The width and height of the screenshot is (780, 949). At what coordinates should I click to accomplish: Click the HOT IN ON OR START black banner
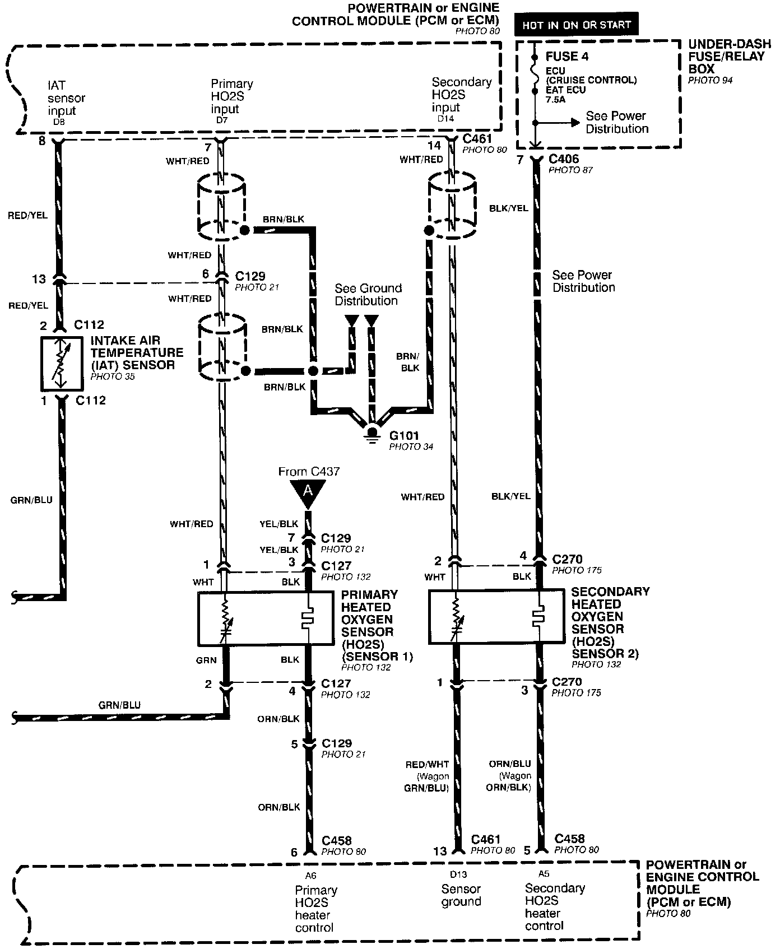[577, 25]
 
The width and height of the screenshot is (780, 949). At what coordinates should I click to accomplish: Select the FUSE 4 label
[567, 57]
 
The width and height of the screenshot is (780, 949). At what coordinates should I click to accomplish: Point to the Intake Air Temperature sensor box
[62, 364]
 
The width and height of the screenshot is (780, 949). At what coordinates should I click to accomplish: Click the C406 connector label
[564, 159]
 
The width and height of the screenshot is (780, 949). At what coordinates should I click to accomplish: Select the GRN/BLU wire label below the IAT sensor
[31, 500]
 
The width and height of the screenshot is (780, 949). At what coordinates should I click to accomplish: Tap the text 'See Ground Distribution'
[368, 295]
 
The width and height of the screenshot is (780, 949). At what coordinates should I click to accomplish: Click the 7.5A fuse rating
[556, 99]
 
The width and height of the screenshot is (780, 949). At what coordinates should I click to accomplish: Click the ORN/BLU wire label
[510, 764]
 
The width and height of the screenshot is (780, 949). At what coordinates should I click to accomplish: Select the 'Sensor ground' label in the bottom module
[461, 895]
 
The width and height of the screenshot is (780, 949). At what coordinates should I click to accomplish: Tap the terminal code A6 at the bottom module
[311, 874]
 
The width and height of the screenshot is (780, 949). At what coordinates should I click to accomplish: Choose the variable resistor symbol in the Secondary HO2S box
[456, 620]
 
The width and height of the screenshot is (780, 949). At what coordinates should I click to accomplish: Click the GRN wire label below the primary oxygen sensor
[206, 660]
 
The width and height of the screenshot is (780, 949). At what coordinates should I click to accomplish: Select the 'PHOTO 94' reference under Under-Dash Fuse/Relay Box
[710, 81]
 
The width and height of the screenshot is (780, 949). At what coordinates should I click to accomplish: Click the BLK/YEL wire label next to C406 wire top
[509, 208]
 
